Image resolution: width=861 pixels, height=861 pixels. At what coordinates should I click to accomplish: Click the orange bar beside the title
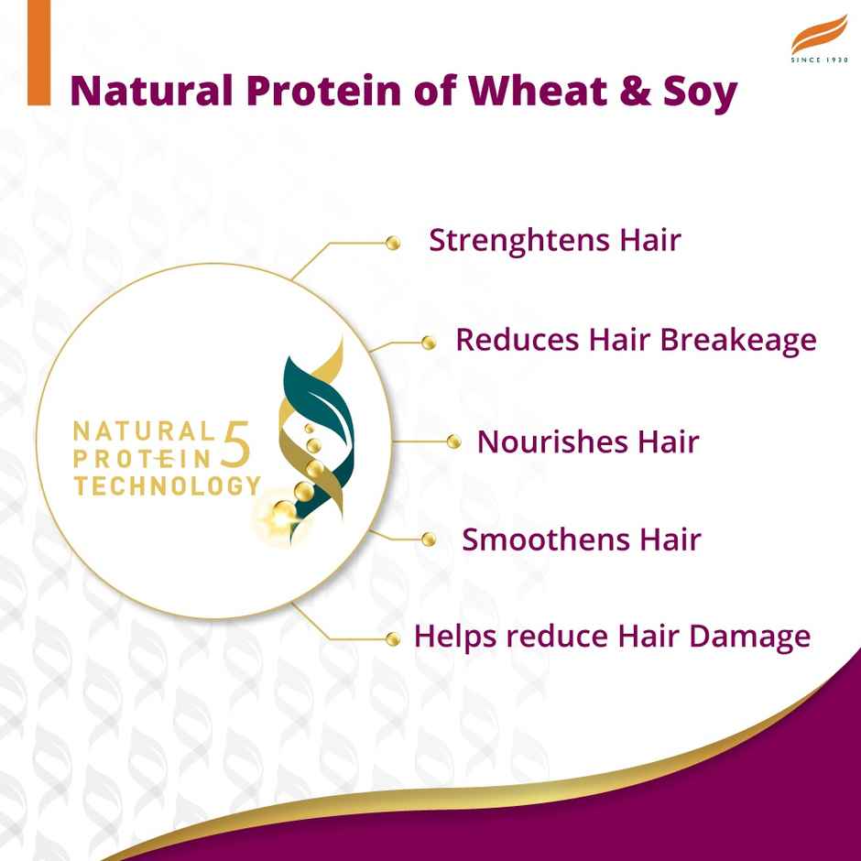coord(38,71)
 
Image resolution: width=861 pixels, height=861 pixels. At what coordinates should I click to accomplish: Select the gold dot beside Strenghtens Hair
coord(394,243)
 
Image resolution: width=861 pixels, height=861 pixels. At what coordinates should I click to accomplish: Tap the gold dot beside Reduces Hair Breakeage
coord(428,343)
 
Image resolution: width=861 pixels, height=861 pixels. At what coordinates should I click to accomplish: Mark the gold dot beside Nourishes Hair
coord(452,442)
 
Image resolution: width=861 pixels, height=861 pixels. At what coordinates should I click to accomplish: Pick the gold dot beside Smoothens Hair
coord(428,539)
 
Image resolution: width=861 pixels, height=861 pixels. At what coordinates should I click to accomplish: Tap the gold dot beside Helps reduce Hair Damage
coord(394,638)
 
